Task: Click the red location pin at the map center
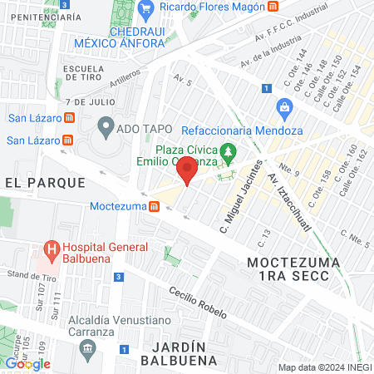(x=187, y=170)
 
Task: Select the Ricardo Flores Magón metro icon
(x=273, y=7)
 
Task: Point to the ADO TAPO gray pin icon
(x=106, y=127)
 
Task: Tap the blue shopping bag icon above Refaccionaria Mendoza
(x=284, y=106)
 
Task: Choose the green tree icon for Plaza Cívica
(x=234, y=150)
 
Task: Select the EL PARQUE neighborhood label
(x=44, y=182)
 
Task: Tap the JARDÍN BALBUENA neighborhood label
(x=180, y=353)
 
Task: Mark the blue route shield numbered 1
(x=264, y=88)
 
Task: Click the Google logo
(x=27, y=363)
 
